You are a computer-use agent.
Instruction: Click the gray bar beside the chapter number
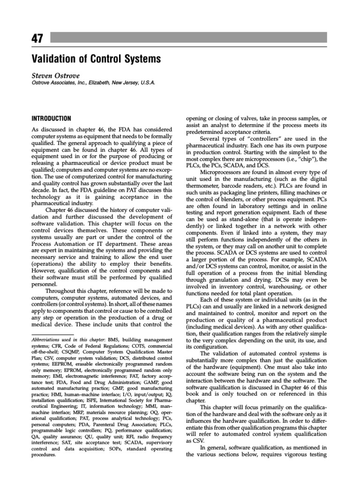202,37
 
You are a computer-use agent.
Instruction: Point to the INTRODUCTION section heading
51,119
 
